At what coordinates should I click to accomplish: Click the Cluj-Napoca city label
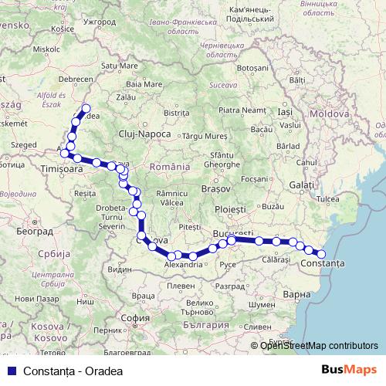144,134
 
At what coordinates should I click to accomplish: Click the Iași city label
285,113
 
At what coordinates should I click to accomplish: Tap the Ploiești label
230,209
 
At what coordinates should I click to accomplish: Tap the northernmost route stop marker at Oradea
86,109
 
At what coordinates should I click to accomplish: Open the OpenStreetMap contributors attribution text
319,346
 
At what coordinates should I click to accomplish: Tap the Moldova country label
330,113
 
